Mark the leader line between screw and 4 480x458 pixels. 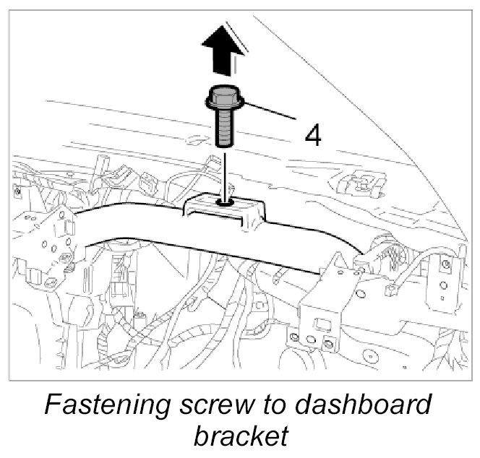[x=271, y=112]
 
